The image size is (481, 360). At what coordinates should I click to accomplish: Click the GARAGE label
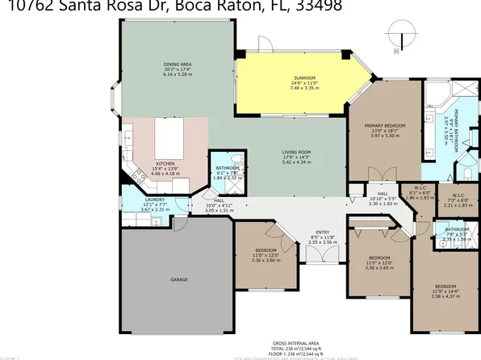click(x=179, y=279)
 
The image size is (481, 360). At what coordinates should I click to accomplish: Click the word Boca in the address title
click(x=187, y=6)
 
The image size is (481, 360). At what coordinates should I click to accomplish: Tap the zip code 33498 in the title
click(x=320, y=6)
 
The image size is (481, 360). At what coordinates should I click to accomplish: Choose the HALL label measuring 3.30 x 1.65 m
click(x=383, y=194)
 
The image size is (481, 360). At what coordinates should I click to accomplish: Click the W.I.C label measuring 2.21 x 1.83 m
click(x=456, y=194)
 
